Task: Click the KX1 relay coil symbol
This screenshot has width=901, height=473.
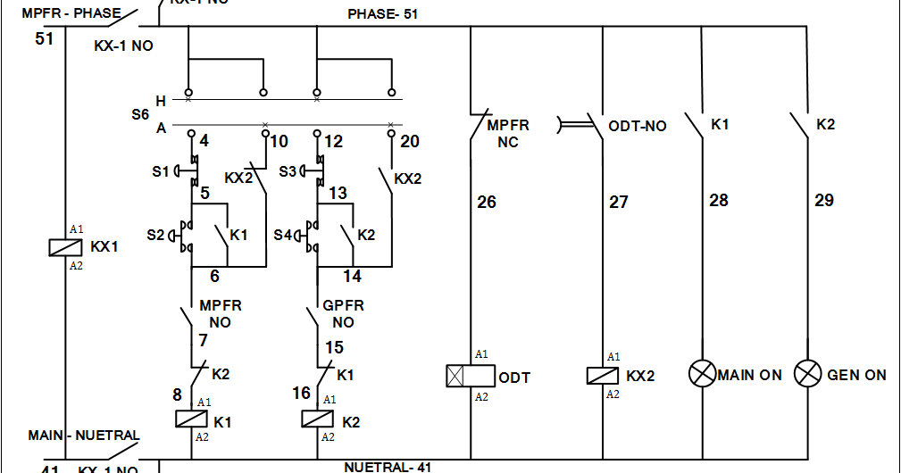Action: click(x=65, y=246)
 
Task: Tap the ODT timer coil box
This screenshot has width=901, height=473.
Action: click(x=470, y=376)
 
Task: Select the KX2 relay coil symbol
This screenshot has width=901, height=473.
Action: click(x=603, y=376)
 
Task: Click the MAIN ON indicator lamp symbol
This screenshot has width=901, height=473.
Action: click(x=702, y=374)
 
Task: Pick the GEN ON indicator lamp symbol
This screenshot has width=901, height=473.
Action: click(x=808, y=374)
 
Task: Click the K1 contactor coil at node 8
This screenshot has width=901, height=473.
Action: click(x=191, y=419)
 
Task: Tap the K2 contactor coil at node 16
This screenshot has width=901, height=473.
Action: click(x=318, y=419)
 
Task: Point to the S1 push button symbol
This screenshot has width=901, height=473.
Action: click(x=186, y=170)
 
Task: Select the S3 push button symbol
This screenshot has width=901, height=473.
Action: click(x=312, y=170)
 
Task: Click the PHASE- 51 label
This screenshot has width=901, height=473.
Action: click(x=382, y=14)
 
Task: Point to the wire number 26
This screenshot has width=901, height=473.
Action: click(x=487, y=203)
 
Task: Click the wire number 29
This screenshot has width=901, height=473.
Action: click(x=823, y=200)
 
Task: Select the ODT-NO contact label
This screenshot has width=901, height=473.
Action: click(x=638, y=126)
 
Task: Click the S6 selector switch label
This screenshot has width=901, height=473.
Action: click(x=140, y=114)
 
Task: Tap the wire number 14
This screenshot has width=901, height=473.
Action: click(x=352, y=276)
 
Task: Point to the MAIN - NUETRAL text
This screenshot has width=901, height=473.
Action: click(x=84, y=436)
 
